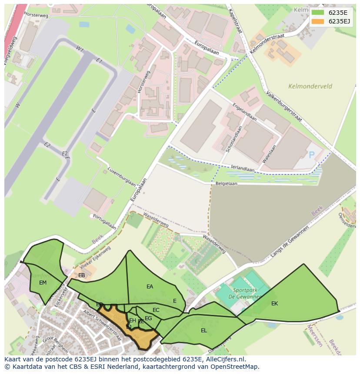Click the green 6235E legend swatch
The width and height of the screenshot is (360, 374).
pos(318,13)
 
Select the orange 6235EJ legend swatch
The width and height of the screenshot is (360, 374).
pos(318,21)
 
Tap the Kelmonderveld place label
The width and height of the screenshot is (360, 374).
pos(310,86)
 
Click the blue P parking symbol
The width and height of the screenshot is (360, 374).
pos(311,155)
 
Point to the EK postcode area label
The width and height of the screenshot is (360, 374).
pos(274,304)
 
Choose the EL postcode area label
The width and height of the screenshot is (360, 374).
pos(203,331)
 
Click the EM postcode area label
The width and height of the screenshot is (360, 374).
pos(43,283)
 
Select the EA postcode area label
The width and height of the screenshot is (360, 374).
pos(150,287)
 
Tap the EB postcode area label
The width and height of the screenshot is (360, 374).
pos(81,275)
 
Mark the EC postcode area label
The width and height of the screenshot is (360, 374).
pos(156,310)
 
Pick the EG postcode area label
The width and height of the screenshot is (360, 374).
pos(148,318)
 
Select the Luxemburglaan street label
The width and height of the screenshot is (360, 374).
pos(121,176)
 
